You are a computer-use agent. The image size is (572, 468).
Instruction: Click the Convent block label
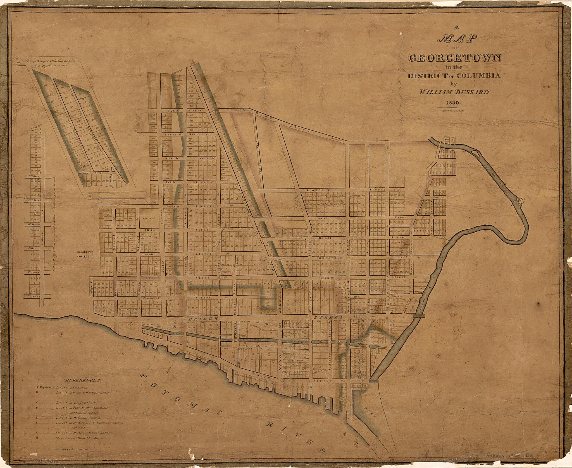pyautogui.click(x=149, y=218)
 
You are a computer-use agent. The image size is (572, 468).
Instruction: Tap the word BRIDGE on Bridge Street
pyautogui.click(x=203, y=318)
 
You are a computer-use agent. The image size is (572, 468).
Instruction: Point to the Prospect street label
pyautogui.click(x=151, y=298)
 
